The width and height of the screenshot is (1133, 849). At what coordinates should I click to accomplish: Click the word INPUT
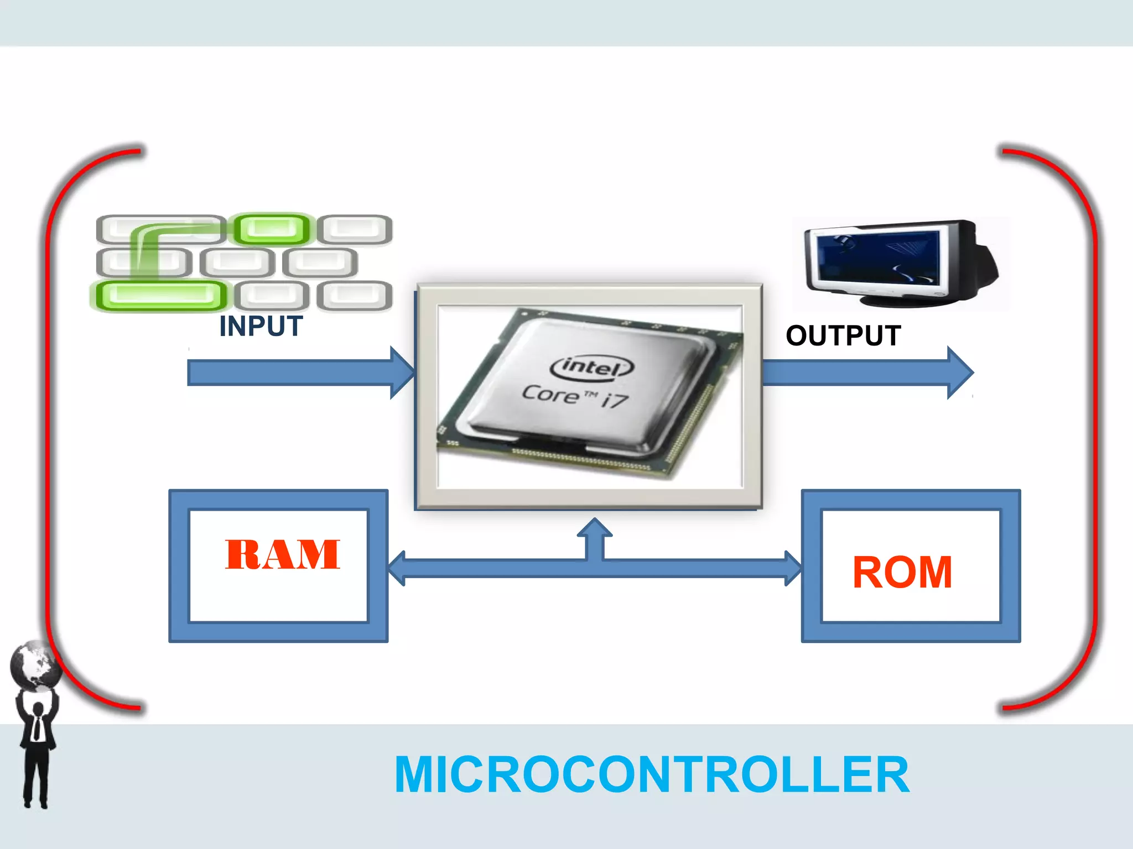coord(261,326)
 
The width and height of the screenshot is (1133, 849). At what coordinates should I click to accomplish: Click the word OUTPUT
coord(843,336)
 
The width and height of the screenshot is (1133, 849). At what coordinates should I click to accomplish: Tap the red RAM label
coord(282,554)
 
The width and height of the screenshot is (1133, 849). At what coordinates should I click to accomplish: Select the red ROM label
coord(902,573)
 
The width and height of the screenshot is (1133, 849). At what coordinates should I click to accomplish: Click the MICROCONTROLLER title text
coord(652,775)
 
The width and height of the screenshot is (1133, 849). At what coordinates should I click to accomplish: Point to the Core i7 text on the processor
coord(575,396)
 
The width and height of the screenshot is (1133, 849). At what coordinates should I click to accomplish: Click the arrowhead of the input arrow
coord(403,373)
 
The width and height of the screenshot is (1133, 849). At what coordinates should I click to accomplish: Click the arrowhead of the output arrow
coord(960,373)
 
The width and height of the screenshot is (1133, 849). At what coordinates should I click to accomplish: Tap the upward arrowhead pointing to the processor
coord(595,527)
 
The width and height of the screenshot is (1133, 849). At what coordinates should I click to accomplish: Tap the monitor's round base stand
coord(902,300)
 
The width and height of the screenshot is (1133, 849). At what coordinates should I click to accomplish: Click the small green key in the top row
coord(271,228)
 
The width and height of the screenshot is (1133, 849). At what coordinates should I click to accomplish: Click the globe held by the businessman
coord(36,665)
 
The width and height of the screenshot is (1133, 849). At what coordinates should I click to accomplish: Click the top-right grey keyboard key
coord(355,229)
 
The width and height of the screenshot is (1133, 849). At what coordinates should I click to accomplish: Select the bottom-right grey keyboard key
coord(355,295)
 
